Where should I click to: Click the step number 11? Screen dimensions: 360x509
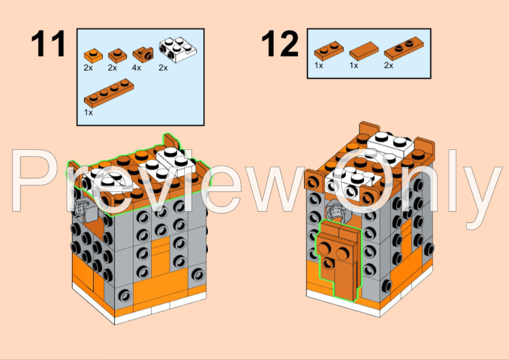click(48, 44)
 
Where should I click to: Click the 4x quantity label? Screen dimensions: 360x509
click(137, 68)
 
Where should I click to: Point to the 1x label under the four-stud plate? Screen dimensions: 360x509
click(88, 112)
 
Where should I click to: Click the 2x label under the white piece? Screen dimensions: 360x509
click(163, 68)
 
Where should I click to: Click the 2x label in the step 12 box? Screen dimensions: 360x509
click(388, 65)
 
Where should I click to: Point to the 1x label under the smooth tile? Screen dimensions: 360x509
click(354, 65)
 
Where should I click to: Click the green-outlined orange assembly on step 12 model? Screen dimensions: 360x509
click(335, 257)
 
